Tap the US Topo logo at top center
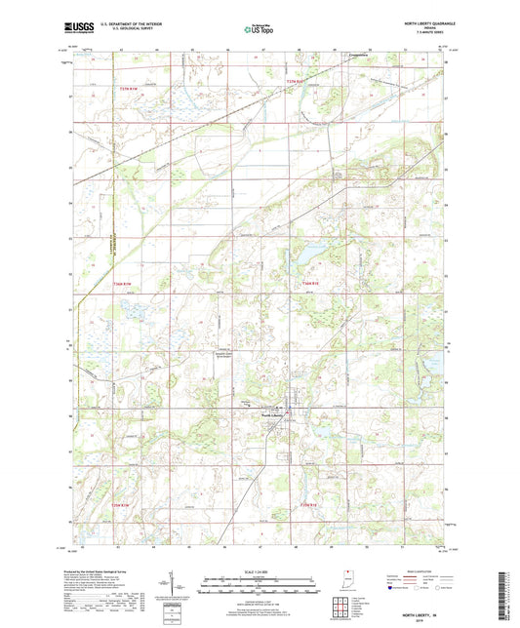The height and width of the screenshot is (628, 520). click(x=259, y=29)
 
